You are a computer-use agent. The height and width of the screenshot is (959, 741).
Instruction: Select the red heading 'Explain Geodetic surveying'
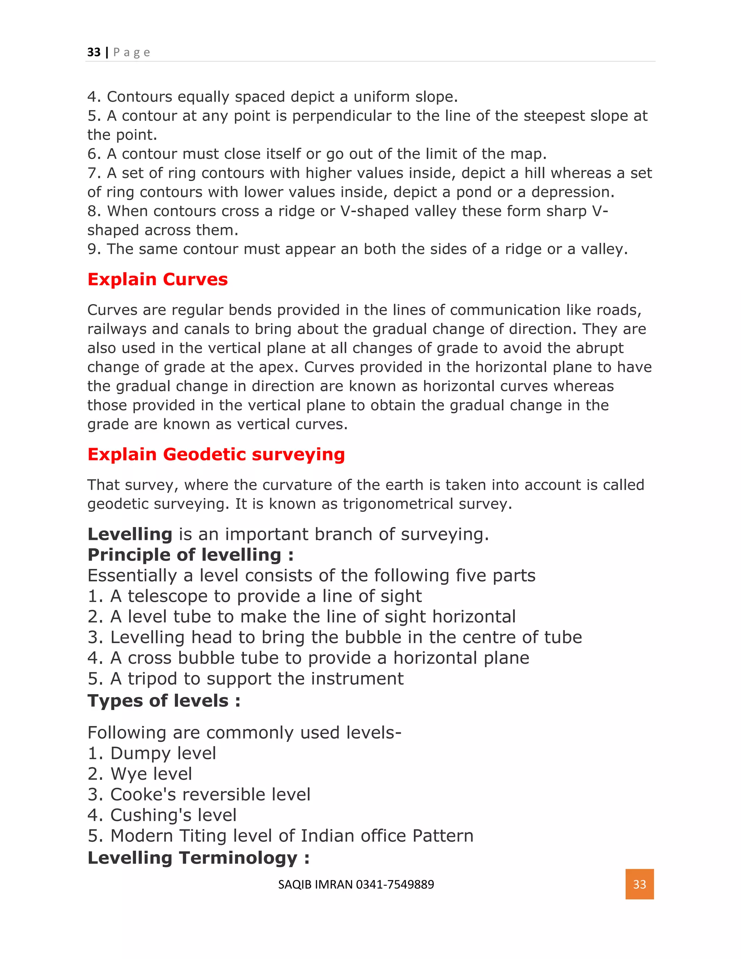pos(216,454)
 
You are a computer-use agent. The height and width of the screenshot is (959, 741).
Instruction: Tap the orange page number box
pos(639,884)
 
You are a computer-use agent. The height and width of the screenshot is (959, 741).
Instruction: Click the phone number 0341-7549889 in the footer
pos(395,884)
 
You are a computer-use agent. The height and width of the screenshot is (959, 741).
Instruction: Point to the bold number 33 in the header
pos(94,52)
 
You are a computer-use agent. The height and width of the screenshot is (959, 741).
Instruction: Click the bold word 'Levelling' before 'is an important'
pos(130,535)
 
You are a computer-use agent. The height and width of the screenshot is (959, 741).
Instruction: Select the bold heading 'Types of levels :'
pos(164,701)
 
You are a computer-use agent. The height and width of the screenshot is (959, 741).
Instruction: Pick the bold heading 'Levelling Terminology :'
pos(198,858)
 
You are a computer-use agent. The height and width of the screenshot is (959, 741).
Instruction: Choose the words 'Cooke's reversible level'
pos(210,794)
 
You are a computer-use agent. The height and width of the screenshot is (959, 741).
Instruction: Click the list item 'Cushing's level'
pos(173,815)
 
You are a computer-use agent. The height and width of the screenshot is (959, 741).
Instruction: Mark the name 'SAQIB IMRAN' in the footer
pos(315,884)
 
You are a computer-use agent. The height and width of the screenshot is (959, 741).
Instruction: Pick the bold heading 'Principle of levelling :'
pos(191,555)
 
